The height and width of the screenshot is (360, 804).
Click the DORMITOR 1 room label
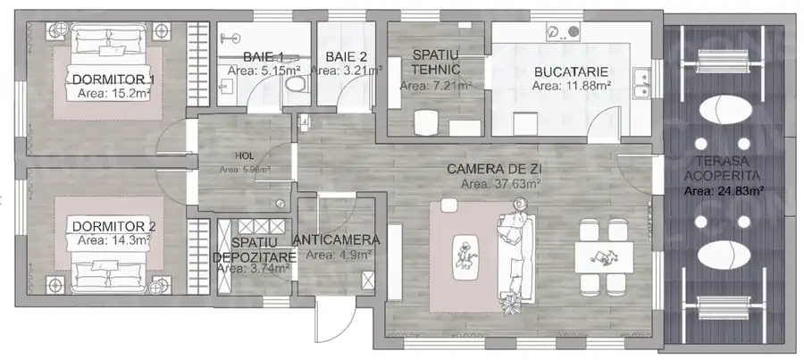[113, 80]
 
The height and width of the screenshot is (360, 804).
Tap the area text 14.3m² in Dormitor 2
[113, 239]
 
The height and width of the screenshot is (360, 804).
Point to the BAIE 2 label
[344, 56]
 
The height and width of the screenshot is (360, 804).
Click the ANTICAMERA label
[336, 239]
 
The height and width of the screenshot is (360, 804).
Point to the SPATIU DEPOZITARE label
[255, 250]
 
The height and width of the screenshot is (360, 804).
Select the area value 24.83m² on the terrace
[724, 190]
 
